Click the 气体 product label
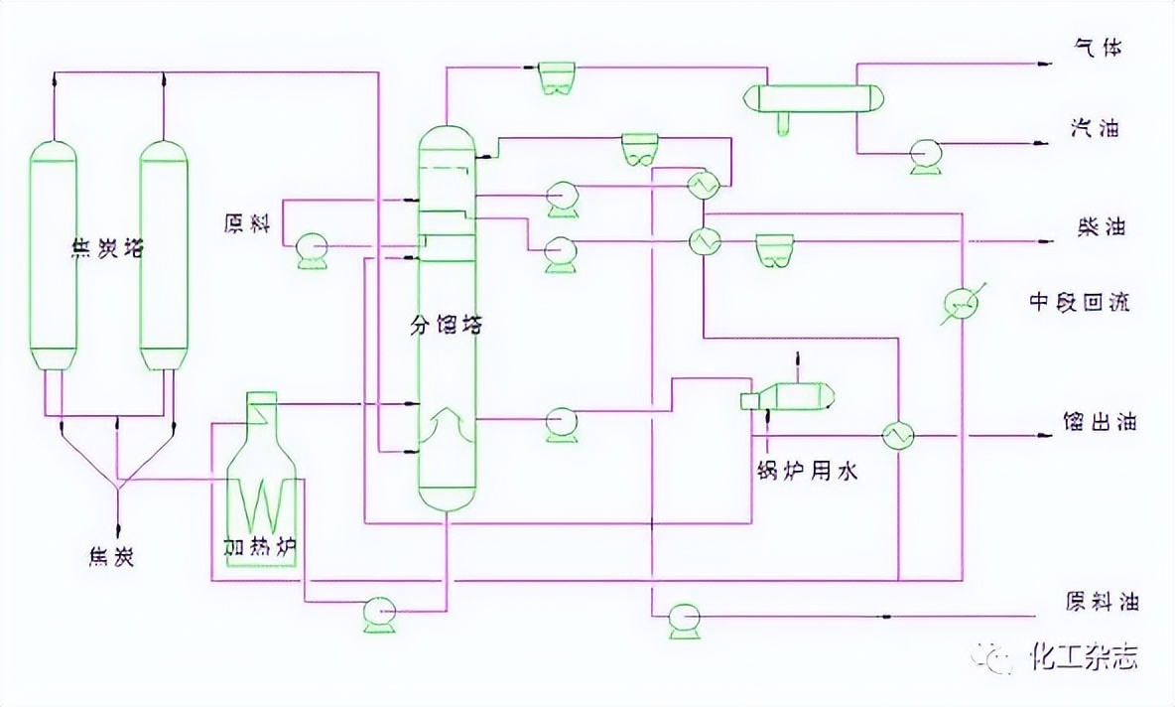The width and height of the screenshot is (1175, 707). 1099,48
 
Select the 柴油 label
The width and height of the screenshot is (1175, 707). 1099,227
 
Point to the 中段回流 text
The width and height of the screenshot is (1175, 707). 1079,302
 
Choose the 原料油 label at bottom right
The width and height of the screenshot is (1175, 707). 1102,602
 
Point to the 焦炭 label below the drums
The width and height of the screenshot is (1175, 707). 110,557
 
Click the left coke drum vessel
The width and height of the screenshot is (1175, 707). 53,253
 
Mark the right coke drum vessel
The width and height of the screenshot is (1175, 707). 163,253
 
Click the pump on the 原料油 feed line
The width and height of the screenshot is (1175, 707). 684,619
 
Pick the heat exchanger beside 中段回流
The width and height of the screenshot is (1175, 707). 960,303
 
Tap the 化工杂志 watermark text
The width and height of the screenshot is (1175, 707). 1084,656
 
